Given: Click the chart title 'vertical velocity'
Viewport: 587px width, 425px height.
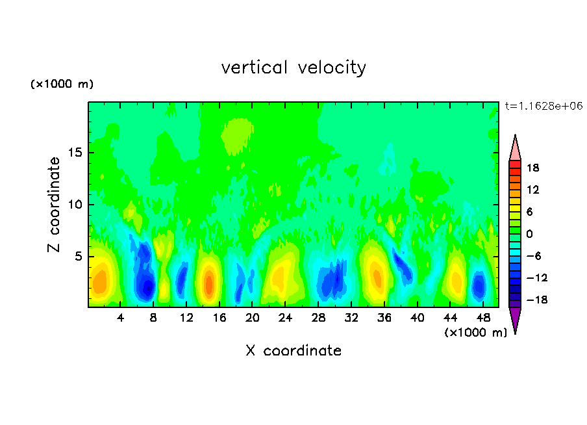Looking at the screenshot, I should click(x=293, y=68).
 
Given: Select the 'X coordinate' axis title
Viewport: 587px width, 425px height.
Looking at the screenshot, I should click(x=293, y=351).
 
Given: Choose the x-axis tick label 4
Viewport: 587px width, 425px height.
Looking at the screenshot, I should click(x=121, y=318).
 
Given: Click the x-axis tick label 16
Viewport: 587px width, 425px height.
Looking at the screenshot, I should click(x=219, y=318).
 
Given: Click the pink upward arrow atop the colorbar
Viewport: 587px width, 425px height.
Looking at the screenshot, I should click(x=515, y=148).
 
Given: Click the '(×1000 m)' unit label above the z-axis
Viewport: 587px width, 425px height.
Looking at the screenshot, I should click(x=62, y=84).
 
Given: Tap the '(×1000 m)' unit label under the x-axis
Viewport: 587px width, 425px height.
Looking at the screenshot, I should click(x=475, y=332).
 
